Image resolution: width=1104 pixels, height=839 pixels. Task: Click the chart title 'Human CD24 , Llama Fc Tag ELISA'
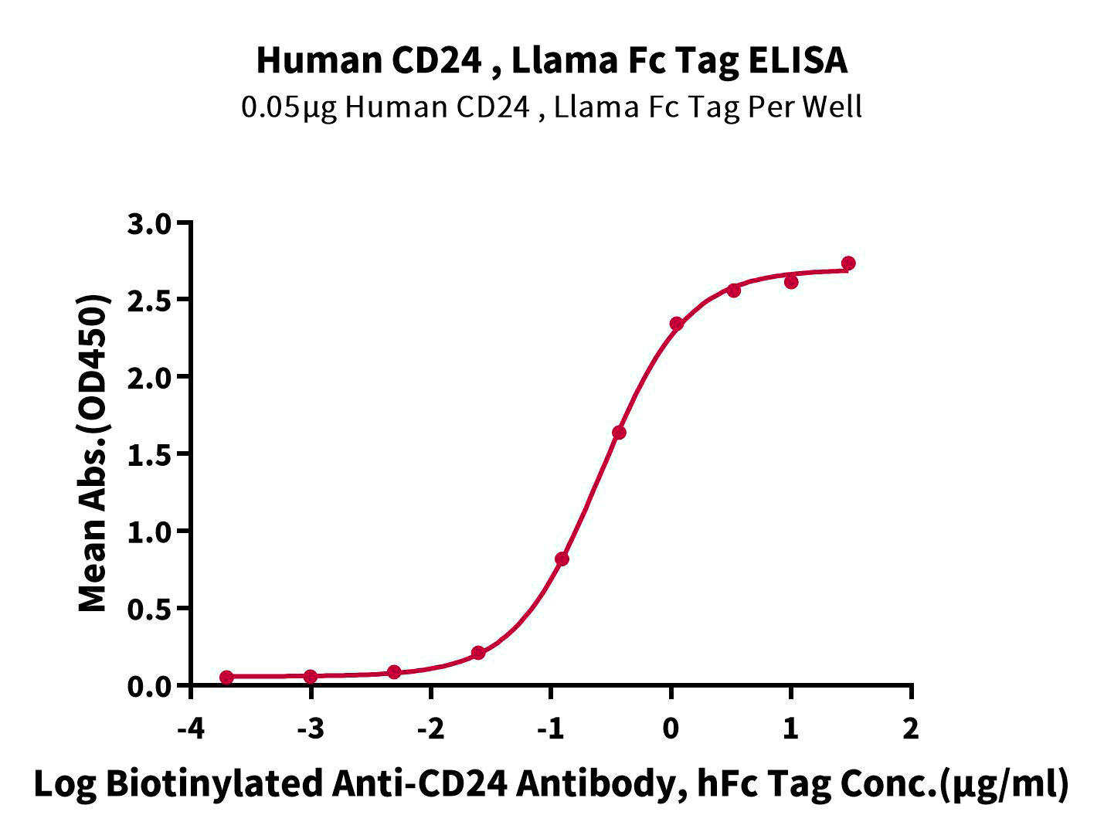pos(552,60)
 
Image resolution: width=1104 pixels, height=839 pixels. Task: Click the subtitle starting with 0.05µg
pos(552,107)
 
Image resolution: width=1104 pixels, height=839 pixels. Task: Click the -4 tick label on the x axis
pos(190,729)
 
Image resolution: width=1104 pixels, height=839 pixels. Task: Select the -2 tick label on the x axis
pos(430,729)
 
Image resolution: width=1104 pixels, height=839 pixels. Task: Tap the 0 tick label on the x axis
pos(671,729)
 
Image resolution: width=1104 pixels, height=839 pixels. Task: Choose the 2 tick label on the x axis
pos(912,729)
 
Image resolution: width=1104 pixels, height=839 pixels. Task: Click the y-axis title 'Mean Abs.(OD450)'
pos(93,453)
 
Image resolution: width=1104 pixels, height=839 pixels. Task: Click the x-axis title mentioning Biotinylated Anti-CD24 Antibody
pos(552,783)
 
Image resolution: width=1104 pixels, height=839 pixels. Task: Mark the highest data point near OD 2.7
pos(848,263)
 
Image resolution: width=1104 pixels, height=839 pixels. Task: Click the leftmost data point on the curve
pos(226,678)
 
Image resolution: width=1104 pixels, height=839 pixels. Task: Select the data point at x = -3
pos(311,677)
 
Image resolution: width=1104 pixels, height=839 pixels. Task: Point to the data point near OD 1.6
pos(619,433)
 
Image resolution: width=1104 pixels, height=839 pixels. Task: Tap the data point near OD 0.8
pos(562,559)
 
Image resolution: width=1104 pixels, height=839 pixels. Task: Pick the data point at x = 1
pos(791,282)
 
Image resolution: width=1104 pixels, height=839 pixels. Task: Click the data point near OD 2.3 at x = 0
pos(677,324)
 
